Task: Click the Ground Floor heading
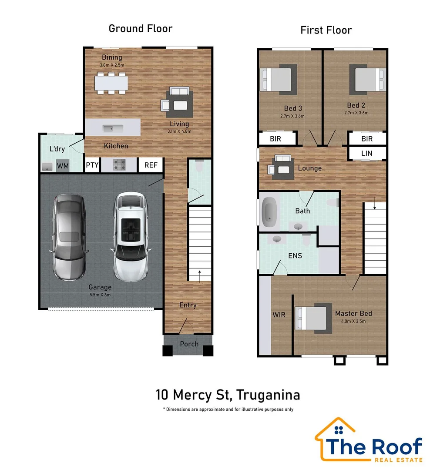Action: [x=140, y=29]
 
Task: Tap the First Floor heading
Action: [x=326, y=30]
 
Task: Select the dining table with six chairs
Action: [x=112, y=83]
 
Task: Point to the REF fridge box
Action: [x=151, y=165]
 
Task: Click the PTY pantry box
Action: [x=92, y=165]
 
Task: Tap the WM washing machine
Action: [x=63, y=166]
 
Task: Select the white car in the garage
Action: [x=131, y=237]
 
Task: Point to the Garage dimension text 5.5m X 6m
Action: [x=100, y=295]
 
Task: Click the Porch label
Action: [x=189, y=344]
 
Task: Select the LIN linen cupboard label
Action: [x=367, y=153]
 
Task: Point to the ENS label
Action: [x=295, y=255]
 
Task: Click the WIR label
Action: [x=279, y=314]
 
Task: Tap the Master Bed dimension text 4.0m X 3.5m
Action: [x=353, y=321]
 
